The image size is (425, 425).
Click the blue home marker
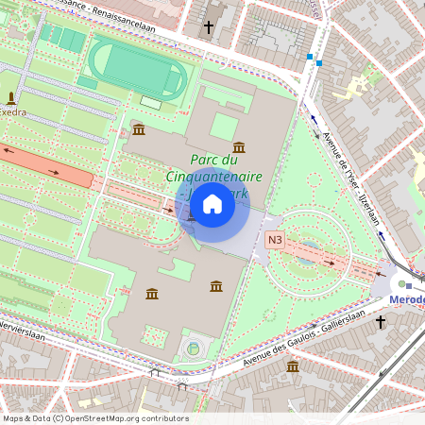coord(212,204)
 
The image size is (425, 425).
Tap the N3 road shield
coord(275,240)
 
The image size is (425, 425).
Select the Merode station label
coord(407,299)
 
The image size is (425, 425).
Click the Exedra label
coord(13,111)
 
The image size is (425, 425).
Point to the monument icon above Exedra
coord(11,97)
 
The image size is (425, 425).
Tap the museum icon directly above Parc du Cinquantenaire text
coord(238,148)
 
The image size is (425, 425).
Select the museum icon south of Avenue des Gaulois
coord(293,365)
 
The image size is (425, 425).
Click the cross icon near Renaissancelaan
coord(209,28)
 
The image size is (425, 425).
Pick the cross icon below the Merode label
coord(381,322)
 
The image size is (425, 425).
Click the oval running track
coord(136,67)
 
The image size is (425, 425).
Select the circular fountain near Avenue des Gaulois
coord(194,348)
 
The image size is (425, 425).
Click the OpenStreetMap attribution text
coord(95,418)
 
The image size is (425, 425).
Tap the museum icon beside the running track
coord(139,128)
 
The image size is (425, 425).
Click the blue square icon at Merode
coord(409,285)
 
